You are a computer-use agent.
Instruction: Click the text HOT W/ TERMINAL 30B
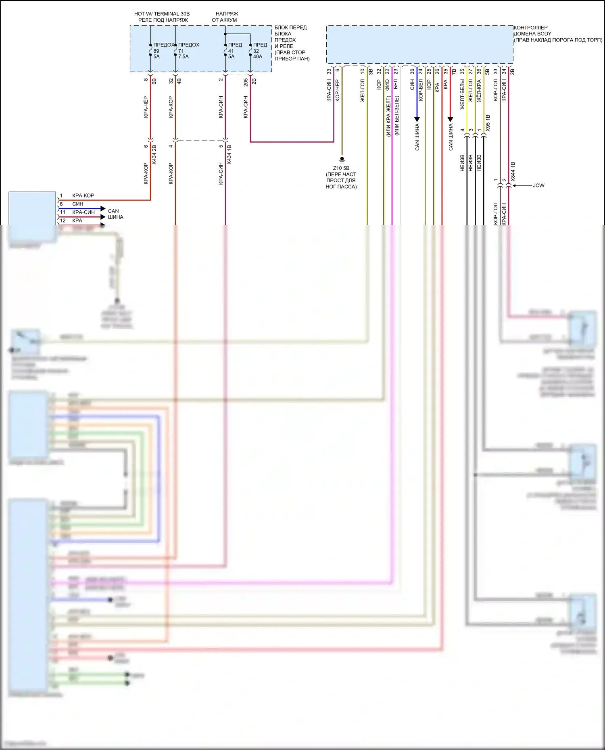pos(162,14)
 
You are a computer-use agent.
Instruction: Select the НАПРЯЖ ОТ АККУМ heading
pos(225,17)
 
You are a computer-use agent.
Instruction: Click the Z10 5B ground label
pos(341,168)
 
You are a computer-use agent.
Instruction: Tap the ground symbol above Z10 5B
pos(342,160)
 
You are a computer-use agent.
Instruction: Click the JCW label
pos(538,185)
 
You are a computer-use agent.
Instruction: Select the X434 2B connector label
pos(154,155)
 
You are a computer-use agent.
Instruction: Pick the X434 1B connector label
pos(229,155)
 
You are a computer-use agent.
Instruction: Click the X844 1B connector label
pos(513,171)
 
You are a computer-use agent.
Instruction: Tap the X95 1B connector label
pos(488,123)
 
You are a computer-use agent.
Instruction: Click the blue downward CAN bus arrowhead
pos(417,119)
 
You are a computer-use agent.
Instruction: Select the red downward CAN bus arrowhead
pos(451,119)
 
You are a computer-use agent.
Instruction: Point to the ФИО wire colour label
pos(387,84)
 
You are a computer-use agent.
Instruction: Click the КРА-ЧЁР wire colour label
pos(146,107)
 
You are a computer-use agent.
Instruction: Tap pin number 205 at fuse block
pos(246,82)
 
